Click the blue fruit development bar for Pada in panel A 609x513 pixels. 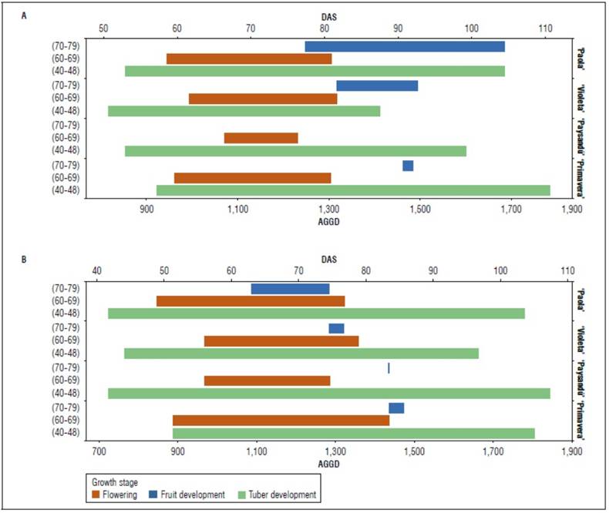405,46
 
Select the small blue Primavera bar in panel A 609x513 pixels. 408,166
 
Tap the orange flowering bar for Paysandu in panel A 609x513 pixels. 261,138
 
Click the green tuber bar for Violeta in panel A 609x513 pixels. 244,111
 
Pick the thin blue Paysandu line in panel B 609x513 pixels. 389,368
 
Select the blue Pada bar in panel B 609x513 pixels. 290,289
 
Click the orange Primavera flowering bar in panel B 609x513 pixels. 281,421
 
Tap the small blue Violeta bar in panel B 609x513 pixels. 336,329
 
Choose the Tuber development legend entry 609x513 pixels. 278,494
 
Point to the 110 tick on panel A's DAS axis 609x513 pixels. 546,29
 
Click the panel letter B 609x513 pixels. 25,260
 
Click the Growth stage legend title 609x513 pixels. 115,482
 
